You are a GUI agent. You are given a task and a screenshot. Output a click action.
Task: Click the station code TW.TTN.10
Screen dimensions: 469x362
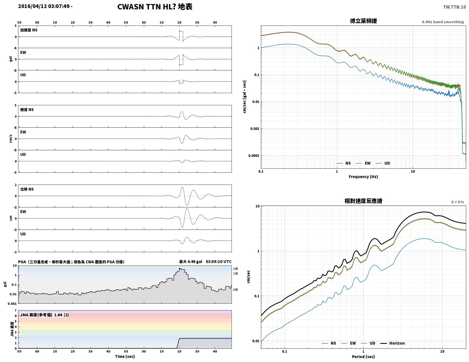tap(454, 7)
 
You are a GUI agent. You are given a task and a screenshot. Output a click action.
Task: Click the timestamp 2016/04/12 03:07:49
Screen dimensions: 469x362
tap(44, 6)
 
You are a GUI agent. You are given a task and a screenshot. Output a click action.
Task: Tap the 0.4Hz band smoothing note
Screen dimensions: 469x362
tap(443, 22)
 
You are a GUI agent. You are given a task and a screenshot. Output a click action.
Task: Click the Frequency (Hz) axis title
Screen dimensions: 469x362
tap(363, 177)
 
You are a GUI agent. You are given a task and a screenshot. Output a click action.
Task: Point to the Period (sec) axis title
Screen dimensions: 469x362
tap(363, 357)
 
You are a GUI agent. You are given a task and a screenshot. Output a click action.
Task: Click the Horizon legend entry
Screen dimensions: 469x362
tap(392, 343)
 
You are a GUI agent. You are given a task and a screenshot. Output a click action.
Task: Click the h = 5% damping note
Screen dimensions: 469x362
tap(458, 202)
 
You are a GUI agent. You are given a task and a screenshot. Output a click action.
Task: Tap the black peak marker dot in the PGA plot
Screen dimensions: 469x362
tap(180, 269)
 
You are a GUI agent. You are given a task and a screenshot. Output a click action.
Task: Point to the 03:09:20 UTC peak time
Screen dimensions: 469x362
tap(219, 262)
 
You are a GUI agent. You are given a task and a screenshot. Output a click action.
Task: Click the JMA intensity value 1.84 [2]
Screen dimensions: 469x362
tap(62, 315)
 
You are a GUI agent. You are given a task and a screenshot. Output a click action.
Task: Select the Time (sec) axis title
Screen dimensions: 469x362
tap(125, 357)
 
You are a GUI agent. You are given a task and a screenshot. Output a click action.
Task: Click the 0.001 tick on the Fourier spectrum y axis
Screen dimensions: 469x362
tap(255, 129)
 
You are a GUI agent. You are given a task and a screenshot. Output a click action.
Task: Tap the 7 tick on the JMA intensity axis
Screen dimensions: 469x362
tap(16, 310)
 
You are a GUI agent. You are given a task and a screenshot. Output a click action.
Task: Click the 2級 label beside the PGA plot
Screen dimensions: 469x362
tap(235, 269)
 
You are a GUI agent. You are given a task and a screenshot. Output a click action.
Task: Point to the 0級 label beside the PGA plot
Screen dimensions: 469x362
tap(235, 290)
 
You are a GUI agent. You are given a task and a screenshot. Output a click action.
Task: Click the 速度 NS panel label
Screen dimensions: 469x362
tap(27, 110)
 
